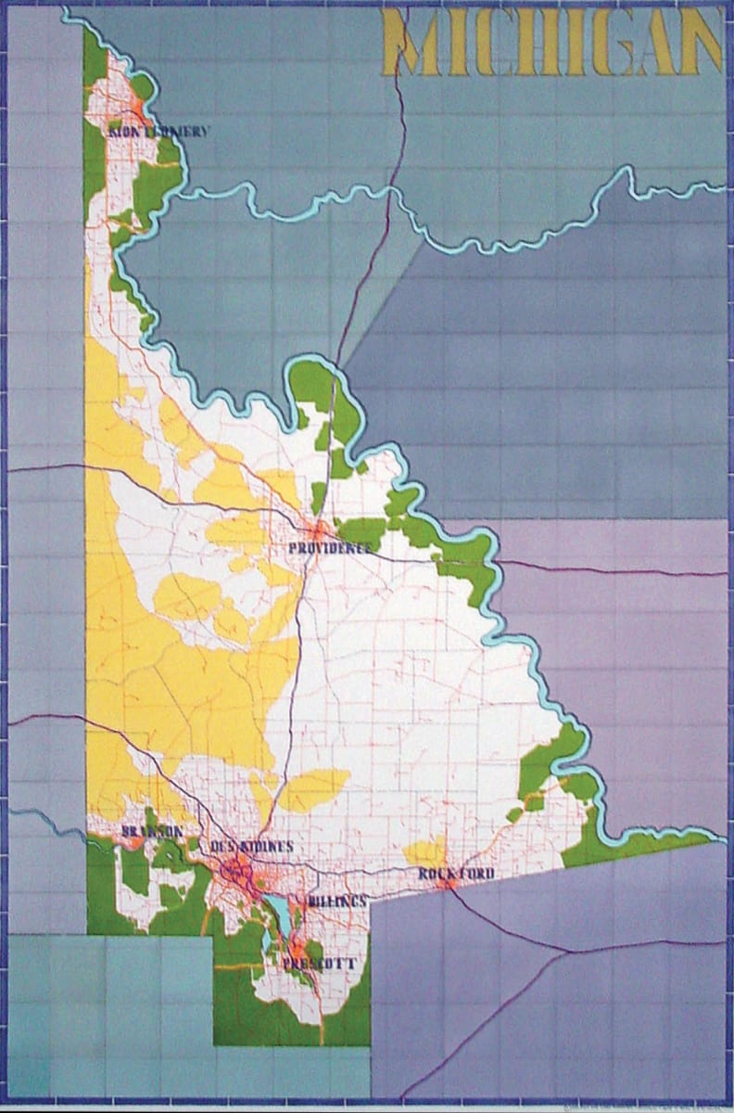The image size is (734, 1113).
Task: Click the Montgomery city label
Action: tap(158, 132)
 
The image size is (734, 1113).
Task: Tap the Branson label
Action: tap(152, 831)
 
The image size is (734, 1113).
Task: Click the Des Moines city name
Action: tap(252, 846)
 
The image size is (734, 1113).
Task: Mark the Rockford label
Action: tap(456, 874)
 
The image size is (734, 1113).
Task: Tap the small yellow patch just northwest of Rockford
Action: tap(427, 851)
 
